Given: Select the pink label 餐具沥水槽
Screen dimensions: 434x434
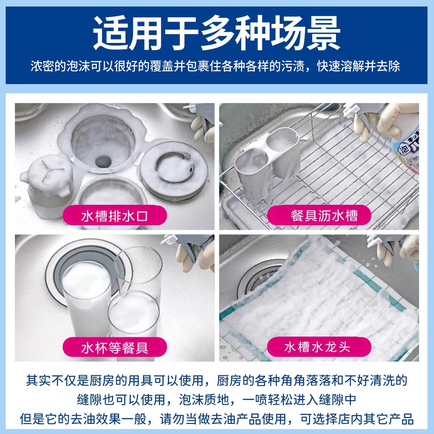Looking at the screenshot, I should tap(319, 216).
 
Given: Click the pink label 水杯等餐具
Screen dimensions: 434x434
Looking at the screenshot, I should tap(114, 347).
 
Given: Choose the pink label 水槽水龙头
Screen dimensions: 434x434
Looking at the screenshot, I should tap(319, 347).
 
